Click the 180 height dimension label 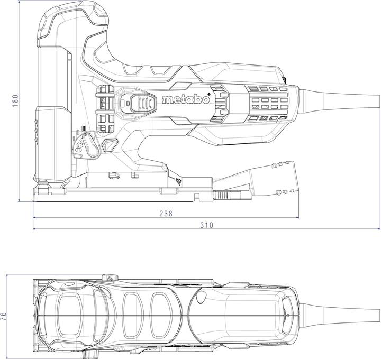pos(15,100)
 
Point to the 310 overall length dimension pos(206,225)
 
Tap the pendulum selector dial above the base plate pos(86,143)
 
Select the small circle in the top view pos(201,300)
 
